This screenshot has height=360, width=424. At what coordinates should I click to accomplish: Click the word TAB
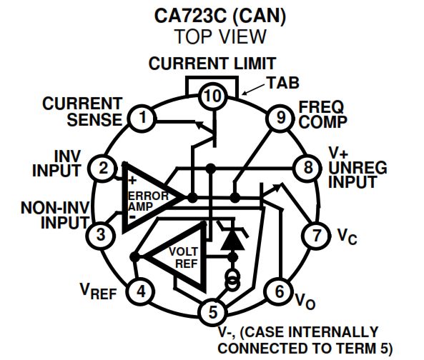click(x=283, y=83)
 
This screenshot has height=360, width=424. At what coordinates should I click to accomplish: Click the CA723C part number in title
click(x=190, y=16)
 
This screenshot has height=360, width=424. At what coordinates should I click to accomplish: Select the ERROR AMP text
click(x=147, y=201)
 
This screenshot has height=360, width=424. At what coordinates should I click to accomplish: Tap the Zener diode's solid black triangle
click(x=232, y=241)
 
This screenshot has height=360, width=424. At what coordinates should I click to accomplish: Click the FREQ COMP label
click(x=323, y=114)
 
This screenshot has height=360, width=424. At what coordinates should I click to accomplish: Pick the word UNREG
click(x=358, y=168)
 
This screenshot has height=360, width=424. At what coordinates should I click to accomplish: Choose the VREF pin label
click(x=98, y=291)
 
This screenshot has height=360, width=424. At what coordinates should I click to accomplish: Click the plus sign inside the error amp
click(x=132, y=180)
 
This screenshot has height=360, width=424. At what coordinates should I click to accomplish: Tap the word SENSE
click(x=94, y=119)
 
